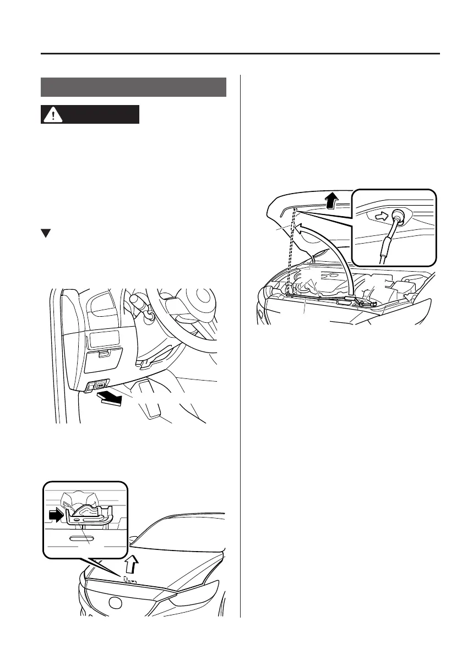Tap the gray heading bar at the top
pos(133,87)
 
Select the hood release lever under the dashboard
pos(101,385)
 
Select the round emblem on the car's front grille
pos(115,603)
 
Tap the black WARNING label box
pos(90,115)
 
